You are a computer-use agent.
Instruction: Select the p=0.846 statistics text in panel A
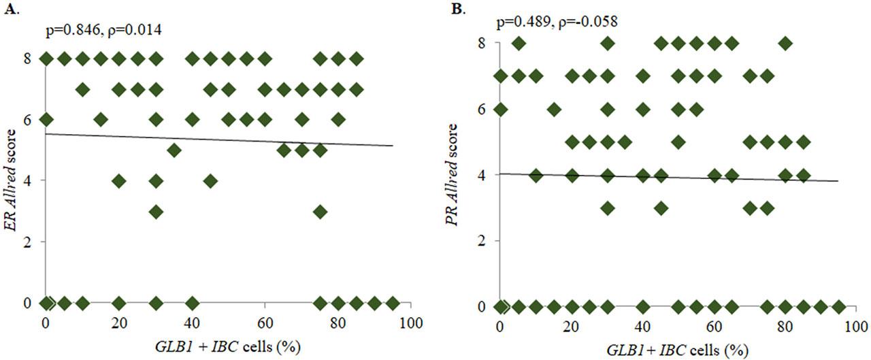tap(102, 30)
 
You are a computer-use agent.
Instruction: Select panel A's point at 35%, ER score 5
tap(174, 150)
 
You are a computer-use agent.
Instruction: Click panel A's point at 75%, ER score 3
tap(321, 211)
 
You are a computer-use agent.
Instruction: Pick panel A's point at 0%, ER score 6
tap(46, 119)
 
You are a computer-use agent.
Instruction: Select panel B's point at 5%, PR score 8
tap(519, 44)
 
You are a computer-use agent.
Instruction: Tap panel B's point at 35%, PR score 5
tap(625, 142)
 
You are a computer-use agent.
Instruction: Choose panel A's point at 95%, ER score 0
tap(393, 303)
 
